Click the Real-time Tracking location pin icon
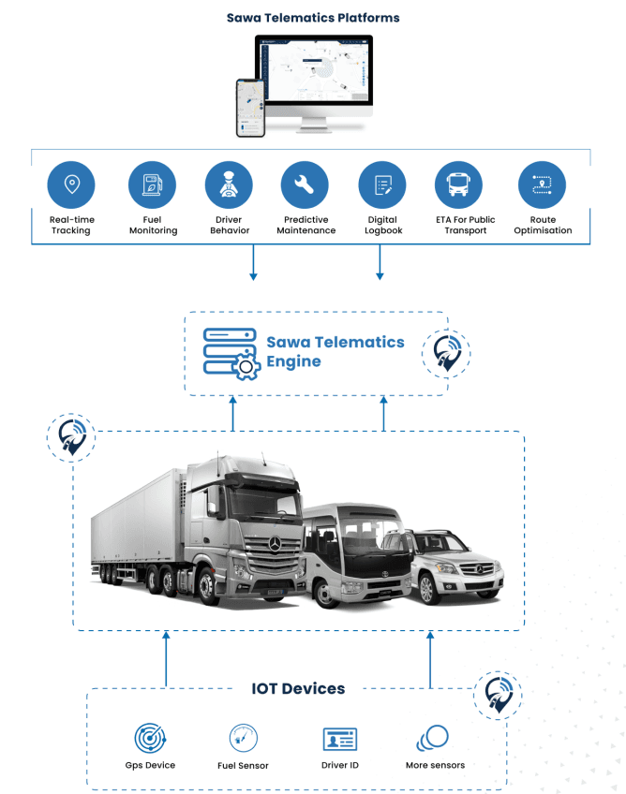tap(71, 184)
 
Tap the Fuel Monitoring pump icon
tap(152, 184)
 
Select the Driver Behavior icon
tap(228, 184)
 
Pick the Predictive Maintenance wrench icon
tap(305, 184)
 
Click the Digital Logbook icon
tap(382, 184)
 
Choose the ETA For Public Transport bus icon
tap(459, 184)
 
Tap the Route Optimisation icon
tap(542, 184)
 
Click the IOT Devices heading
tap(298, 689)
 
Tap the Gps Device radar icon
tap(150, 740)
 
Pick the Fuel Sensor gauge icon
tap(243, 739)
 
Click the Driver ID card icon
tap(340, 740)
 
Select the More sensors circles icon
tap(433, 738)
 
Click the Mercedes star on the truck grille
tap(276, 543)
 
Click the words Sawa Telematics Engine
tap(335, 351)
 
